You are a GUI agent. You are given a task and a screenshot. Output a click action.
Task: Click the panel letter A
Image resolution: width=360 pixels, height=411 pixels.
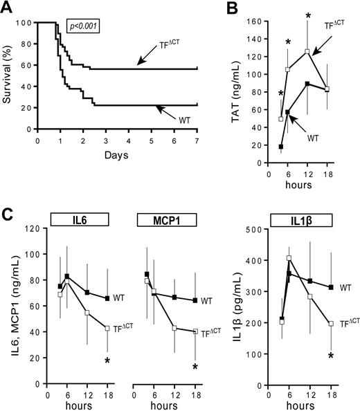tap(10, 7)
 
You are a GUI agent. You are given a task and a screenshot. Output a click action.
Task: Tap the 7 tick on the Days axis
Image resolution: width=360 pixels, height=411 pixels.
tap(197, 140)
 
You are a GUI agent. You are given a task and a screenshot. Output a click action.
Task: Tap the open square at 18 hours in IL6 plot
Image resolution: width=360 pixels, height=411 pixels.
tap(107, 328)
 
